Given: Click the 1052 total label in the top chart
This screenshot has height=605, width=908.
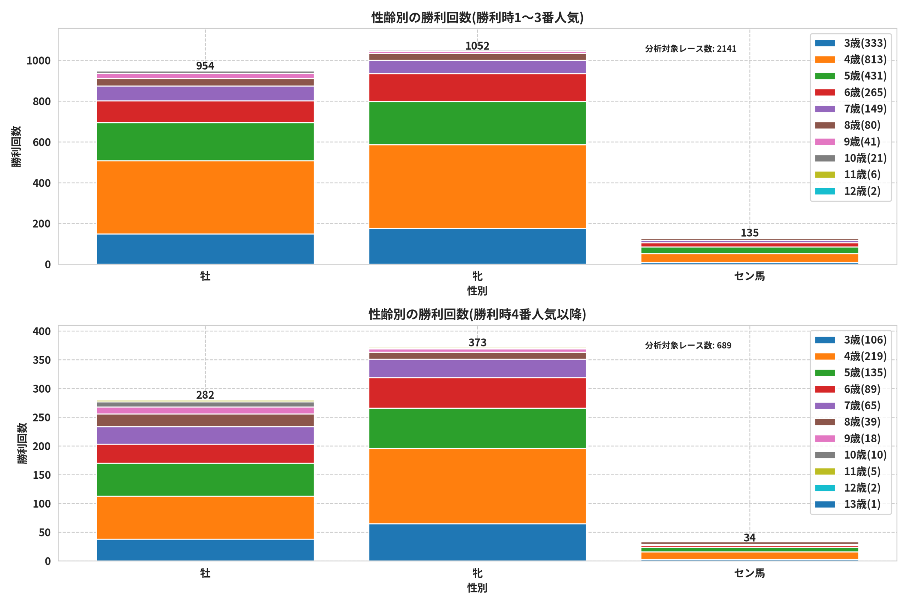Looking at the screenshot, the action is (477, 46).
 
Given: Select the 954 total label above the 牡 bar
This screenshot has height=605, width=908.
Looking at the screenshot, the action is (205, 66).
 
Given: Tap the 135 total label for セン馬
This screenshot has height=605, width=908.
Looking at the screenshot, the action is (749, 233).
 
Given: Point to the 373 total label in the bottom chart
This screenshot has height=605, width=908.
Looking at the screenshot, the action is (477, 343).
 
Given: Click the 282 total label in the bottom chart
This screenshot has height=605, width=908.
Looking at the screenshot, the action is (205, 395).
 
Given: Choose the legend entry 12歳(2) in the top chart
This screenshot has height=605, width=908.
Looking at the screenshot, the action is (847, 191).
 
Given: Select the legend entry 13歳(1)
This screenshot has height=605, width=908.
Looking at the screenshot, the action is (847, 504).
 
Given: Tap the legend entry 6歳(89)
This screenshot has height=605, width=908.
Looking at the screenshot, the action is (847, 389).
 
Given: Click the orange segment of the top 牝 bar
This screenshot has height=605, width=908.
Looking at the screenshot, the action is (477, 187).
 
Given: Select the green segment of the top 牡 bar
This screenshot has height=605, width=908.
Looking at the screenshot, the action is (205, 142).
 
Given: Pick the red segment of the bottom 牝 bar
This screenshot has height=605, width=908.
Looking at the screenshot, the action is (477, 393).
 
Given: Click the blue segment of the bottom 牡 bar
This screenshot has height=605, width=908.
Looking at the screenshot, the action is (205, 550).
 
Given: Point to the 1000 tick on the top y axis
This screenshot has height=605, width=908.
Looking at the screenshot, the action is (39, 61).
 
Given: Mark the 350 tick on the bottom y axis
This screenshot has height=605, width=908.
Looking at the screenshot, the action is (42, 360).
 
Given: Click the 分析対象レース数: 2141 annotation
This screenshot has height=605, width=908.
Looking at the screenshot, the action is (690, 49).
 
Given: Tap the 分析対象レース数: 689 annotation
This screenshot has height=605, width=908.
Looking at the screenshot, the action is (688, 345).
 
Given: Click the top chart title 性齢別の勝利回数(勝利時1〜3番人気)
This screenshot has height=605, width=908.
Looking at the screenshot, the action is (477, 17).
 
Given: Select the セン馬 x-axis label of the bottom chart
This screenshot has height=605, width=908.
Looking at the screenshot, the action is (749, 573).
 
